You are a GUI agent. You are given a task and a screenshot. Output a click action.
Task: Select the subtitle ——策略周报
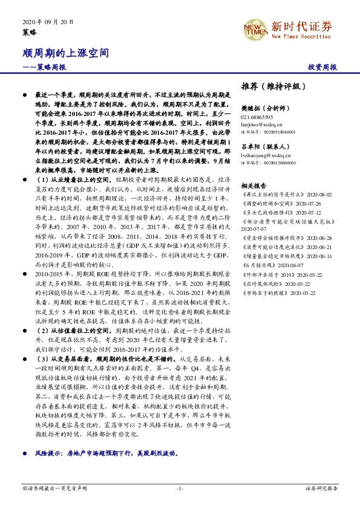pyautogui.click(x=45, y=66)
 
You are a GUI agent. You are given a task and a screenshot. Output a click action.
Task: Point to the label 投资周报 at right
pyautogui.click(x=322, y=66)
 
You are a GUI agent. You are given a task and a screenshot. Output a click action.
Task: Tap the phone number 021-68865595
pyautogui.click(x=257, y=117)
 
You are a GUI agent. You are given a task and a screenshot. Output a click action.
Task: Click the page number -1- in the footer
pyautogui.click(x=180, y=488)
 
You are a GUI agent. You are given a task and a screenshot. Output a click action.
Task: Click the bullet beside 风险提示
pyautogui.click(x=24, y=452)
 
